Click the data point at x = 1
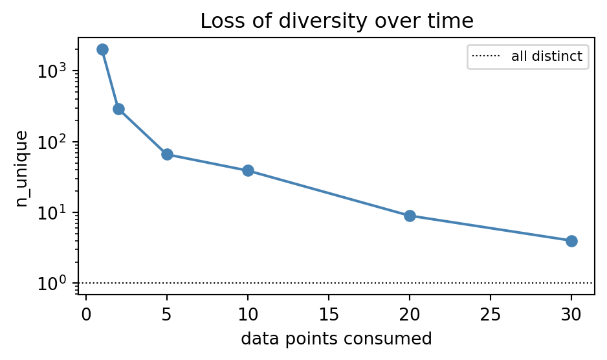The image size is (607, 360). [x=102, y=50]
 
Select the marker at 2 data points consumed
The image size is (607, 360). [x=118, y=109]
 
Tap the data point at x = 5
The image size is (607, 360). [x=167, y=154]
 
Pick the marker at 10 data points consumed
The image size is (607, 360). [x=248, y=170]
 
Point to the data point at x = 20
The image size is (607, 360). [x=410, y=216]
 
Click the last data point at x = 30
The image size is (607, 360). [x=571, y=241]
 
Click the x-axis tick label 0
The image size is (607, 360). [x=86, y=314]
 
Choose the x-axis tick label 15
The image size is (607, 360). [x=329, y=314]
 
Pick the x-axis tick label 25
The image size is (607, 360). [x=491, y=314]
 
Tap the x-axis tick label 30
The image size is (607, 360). [x=571, y=314]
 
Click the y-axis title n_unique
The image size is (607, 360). [x=22, y=168]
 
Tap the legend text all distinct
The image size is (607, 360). [x=547, y=56]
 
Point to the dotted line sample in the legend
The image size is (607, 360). [x=486, y=56]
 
